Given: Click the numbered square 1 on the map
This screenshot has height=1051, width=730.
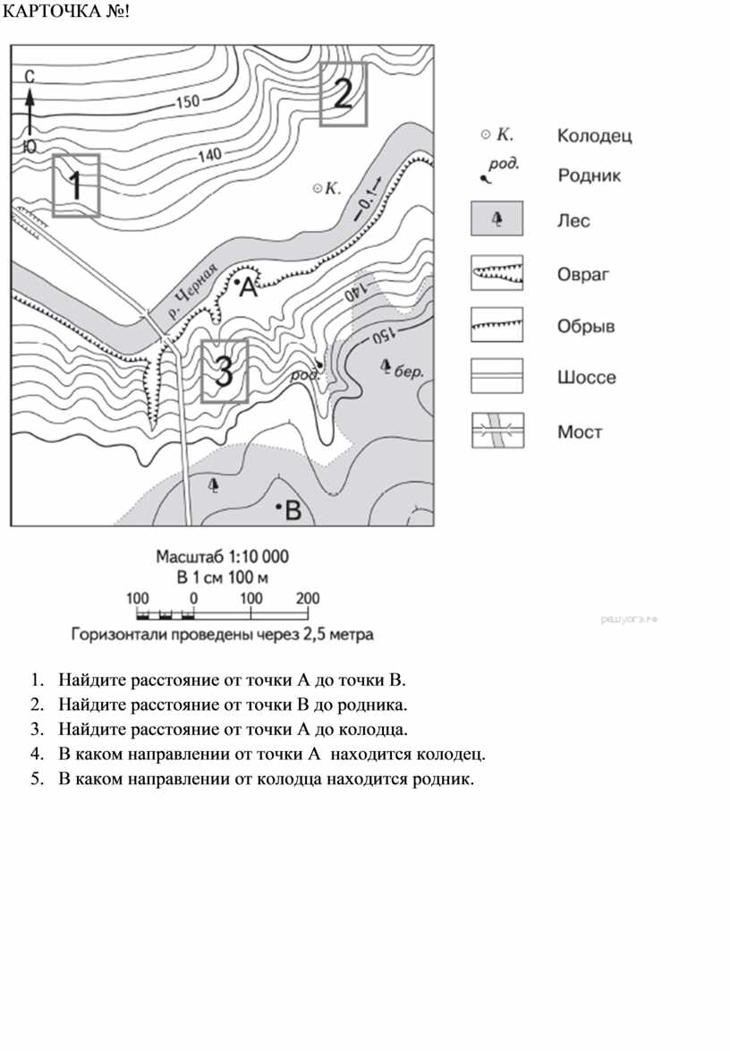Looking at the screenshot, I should point(75,184).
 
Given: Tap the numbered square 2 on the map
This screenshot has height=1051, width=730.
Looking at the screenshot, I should point(344,93).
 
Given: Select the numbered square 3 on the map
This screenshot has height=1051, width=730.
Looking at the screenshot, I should point(224,371).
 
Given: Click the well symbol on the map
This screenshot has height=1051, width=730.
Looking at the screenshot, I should point(317,188).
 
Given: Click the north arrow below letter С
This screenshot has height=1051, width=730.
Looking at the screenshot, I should point(30,112).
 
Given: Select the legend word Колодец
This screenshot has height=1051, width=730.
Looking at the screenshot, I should point(594,136).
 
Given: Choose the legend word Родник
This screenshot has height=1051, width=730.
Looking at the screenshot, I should point(589,175).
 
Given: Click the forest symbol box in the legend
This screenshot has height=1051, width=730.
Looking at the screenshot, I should point(497,220).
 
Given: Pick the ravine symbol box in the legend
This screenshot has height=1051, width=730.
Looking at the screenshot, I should point(497,273).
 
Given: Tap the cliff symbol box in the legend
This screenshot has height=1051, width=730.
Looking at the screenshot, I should point(497,325).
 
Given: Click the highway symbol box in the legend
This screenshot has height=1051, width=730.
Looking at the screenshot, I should point(497,377).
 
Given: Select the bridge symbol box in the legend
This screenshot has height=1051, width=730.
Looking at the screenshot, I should point(497,431).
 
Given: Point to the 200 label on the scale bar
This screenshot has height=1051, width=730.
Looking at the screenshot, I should point(307,598).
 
